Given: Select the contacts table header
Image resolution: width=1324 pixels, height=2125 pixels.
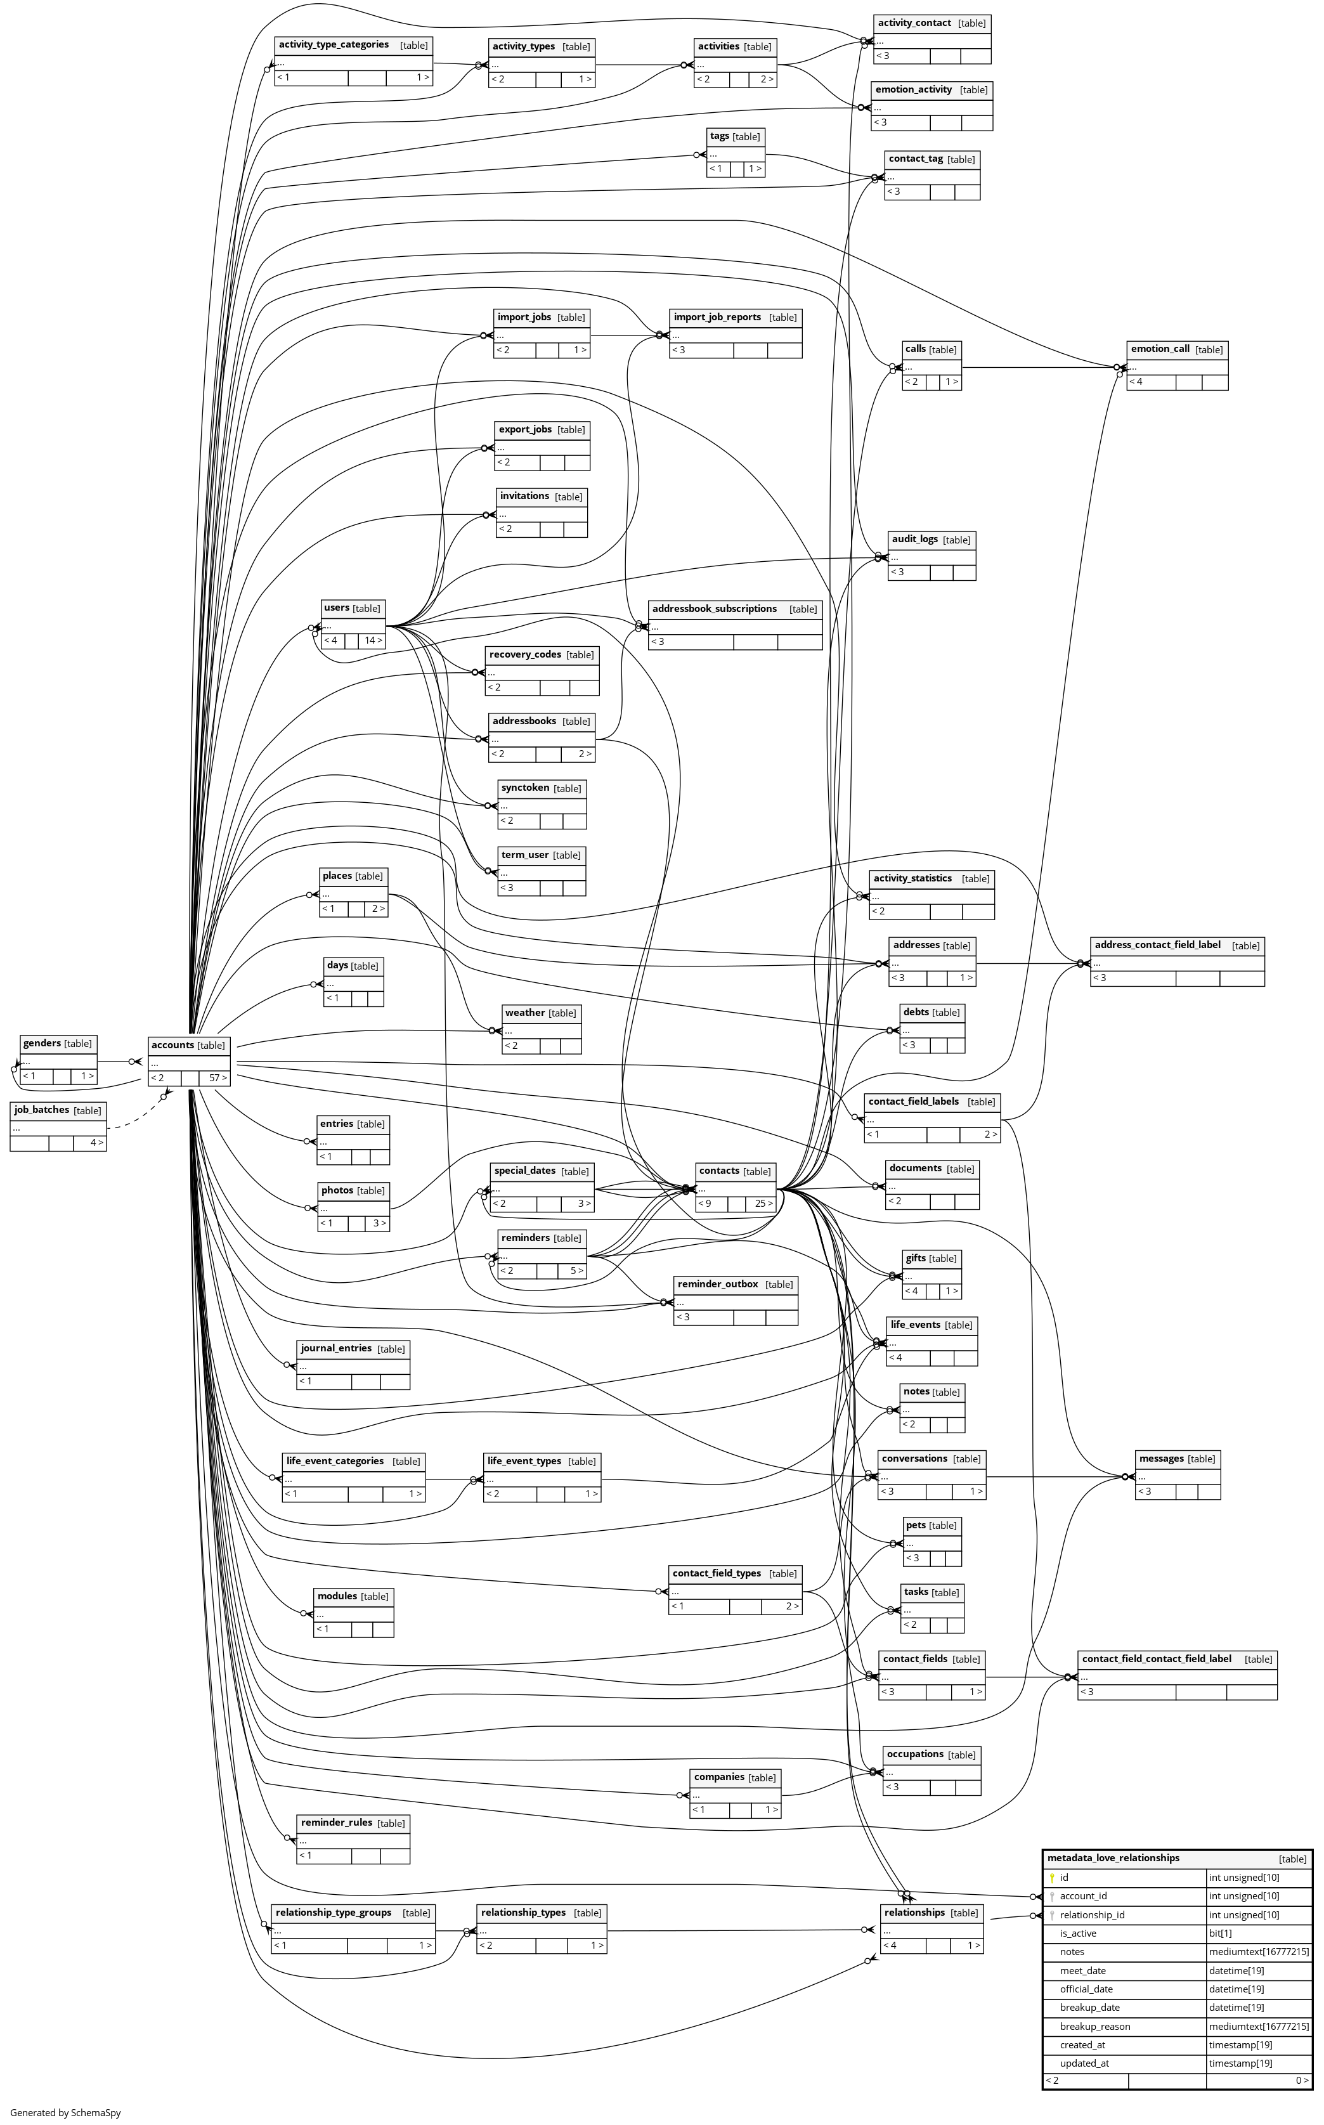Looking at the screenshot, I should pos(719,1171).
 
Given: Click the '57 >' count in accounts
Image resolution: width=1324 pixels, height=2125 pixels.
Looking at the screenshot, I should pos(216,1078).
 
